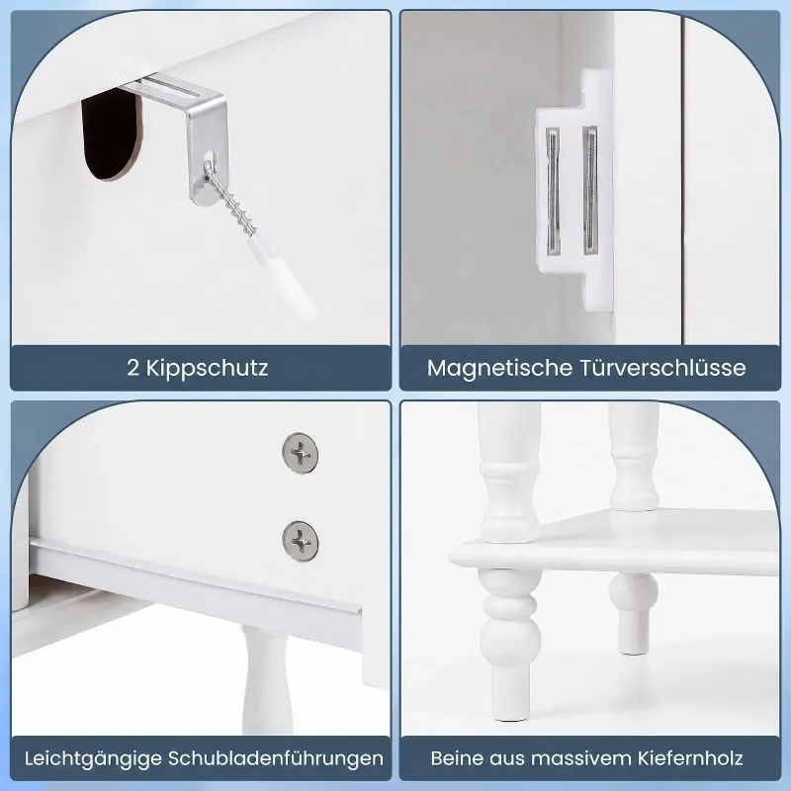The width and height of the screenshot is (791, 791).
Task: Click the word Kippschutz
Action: pos(208,368)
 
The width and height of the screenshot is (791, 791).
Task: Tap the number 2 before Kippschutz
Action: pos(133,368)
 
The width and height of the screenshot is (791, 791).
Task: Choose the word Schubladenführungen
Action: pos(276,758)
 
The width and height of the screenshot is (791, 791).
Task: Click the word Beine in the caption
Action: pos(457,758)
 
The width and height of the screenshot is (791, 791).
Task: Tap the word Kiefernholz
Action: pos(690,758)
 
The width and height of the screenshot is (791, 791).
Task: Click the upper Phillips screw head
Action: pos(301,453)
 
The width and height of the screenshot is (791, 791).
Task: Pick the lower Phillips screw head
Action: pos(301,541)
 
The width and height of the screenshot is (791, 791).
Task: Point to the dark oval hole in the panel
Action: pos(110,134)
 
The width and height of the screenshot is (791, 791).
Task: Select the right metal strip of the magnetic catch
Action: pos(590,190)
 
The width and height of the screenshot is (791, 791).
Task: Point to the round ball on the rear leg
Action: pos(634,592)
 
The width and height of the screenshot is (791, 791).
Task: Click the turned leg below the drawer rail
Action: pos(265,680)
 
